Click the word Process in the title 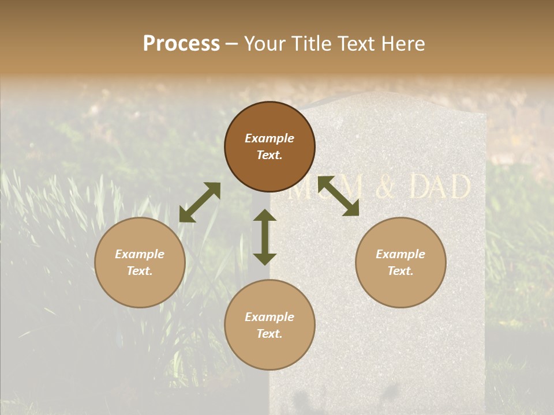click(x=181, y=44)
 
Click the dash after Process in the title click(x=232, y=45)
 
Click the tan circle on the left click(x=140, y=262)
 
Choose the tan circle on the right click(x=400, y=262)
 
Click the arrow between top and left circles click(x=200, y=202)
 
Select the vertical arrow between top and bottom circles click(x=265, y=237)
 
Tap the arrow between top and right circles click(x=338, y=196)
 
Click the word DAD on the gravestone click(x=440, y=188)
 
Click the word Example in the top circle click(x=269, y=138)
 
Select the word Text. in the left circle click(x=140, y=271)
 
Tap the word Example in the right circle click(x=400, y=254)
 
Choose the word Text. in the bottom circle click(x=269, y=334)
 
